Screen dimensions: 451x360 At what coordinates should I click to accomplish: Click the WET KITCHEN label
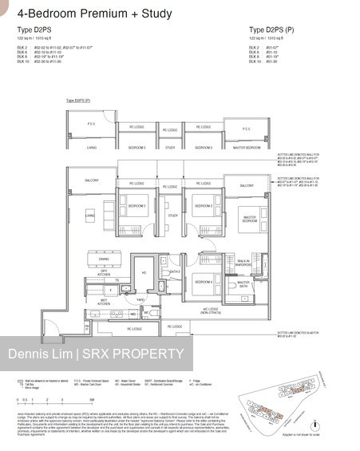pyautogui.click(x=103, y=302)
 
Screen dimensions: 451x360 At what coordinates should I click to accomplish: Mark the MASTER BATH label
pyautogui.click(x=243, y=283)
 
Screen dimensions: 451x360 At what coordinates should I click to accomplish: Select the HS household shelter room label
pyautogui.click(x=144, y=272)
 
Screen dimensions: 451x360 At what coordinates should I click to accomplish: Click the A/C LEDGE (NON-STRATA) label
pyautogui.click(x=211, y=311)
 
